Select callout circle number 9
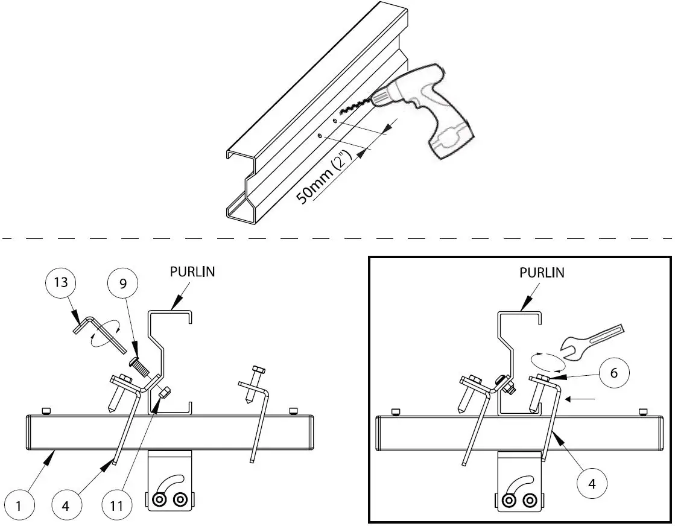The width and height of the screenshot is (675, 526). pyautogui.click(x=123, y=284)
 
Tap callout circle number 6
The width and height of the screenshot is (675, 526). pyautogui.click(x=613, y=373)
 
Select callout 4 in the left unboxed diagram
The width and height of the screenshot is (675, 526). pyautogui.click(x=65, y=505)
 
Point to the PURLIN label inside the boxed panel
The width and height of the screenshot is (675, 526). pyautogui.click(x=542, y=273)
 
